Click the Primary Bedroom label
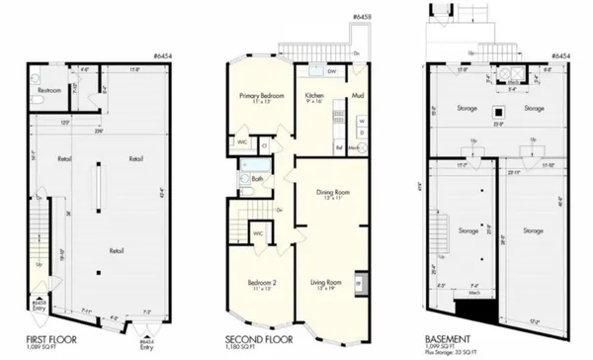(x=262, y=96)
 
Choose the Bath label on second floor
(x=256, y=179)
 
